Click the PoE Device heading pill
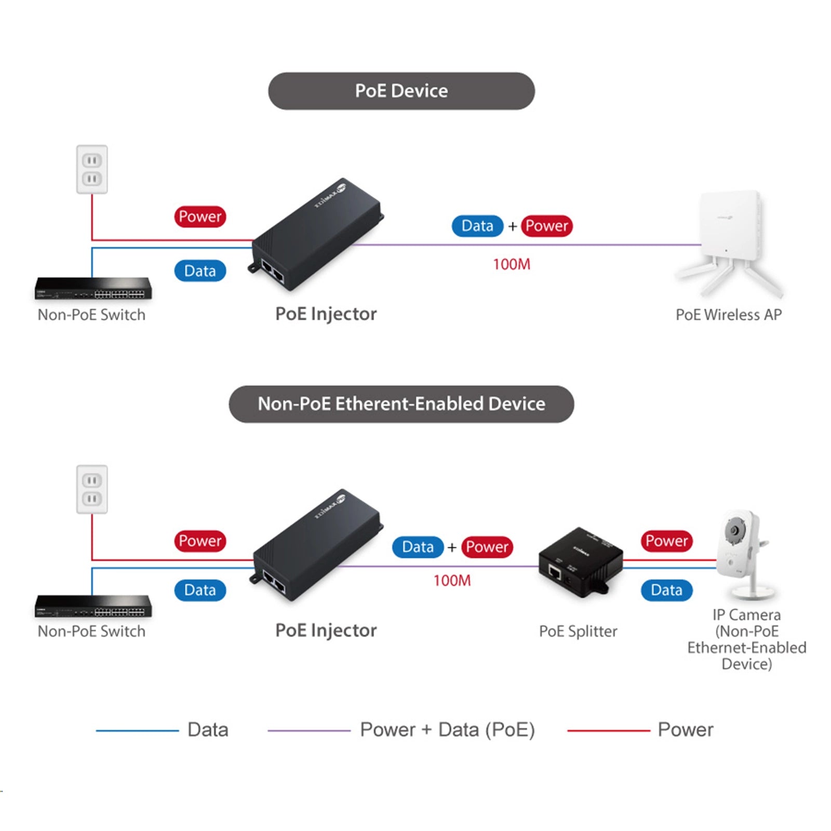click(401, 91)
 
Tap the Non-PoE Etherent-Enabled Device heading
click(401, 404)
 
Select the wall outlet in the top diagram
click(92, 169)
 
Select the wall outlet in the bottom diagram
click(92, 489)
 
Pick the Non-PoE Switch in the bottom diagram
click(93, 606)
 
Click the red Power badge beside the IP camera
click(666, 541)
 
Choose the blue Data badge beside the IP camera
click(666, 590)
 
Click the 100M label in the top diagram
click(512, 264)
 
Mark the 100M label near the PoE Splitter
click(452, 580)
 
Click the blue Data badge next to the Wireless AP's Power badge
click(477, 226)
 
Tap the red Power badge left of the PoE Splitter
click(487, 547)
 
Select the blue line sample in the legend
click(137, 731)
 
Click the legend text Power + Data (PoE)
click(447, 730)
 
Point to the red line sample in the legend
click(608, 731)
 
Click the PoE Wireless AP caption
click(728, 315)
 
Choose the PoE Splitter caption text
click(578, 631)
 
